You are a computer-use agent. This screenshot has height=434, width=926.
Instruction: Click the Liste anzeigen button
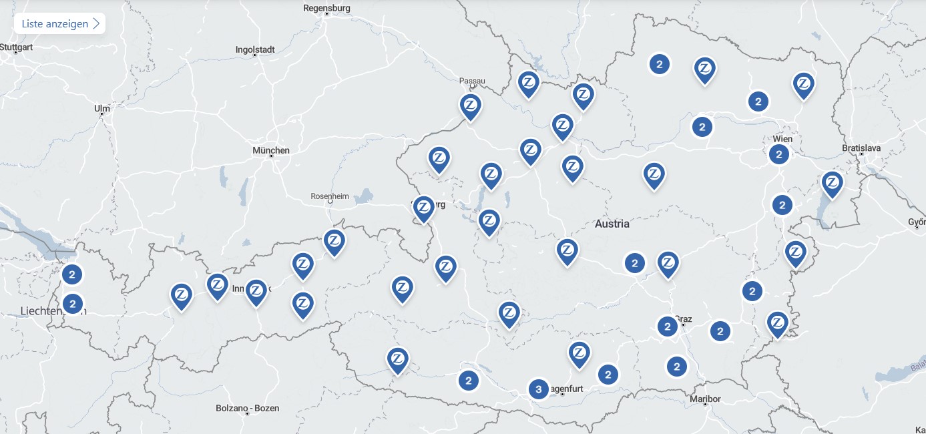pos(59,23)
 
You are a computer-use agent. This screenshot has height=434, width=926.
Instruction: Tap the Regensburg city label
pos(326,8)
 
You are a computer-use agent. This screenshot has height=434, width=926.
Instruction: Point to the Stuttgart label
pos(16,47)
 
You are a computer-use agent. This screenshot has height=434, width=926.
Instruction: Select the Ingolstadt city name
pos(255,49)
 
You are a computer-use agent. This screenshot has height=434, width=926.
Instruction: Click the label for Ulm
pos(102,107)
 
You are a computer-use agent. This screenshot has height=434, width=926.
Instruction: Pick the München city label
pos(271,150)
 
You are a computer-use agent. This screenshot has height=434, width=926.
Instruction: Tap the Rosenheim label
pos(330,196)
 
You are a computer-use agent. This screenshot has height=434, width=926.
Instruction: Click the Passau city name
pos(472,81)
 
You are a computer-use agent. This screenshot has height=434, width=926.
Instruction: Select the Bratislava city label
pos(861,147)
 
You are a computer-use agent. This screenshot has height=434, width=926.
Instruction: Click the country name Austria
pos(612,224)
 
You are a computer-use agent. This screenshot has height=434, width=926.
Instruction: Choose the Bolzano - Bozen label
pos(247,408)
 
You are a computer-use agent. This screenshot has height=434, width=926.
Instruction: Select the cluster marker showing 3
pos(538,389)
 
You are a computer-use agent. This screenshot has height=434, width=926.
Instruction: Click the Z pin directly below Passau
pos(471,105)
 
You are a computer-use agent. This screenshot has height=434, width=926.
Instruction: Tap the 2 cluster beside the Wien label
pos(778,155)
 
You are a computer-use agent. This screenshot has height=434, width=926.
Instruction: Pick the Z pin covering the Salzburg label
pos(423,207)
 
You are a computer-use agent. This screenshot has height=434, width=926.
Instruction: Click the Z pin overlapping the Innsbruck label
pos(256,290)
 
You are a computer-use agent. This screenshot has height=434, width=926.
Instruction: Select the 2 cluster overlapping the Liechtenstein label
pos(73,303)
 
